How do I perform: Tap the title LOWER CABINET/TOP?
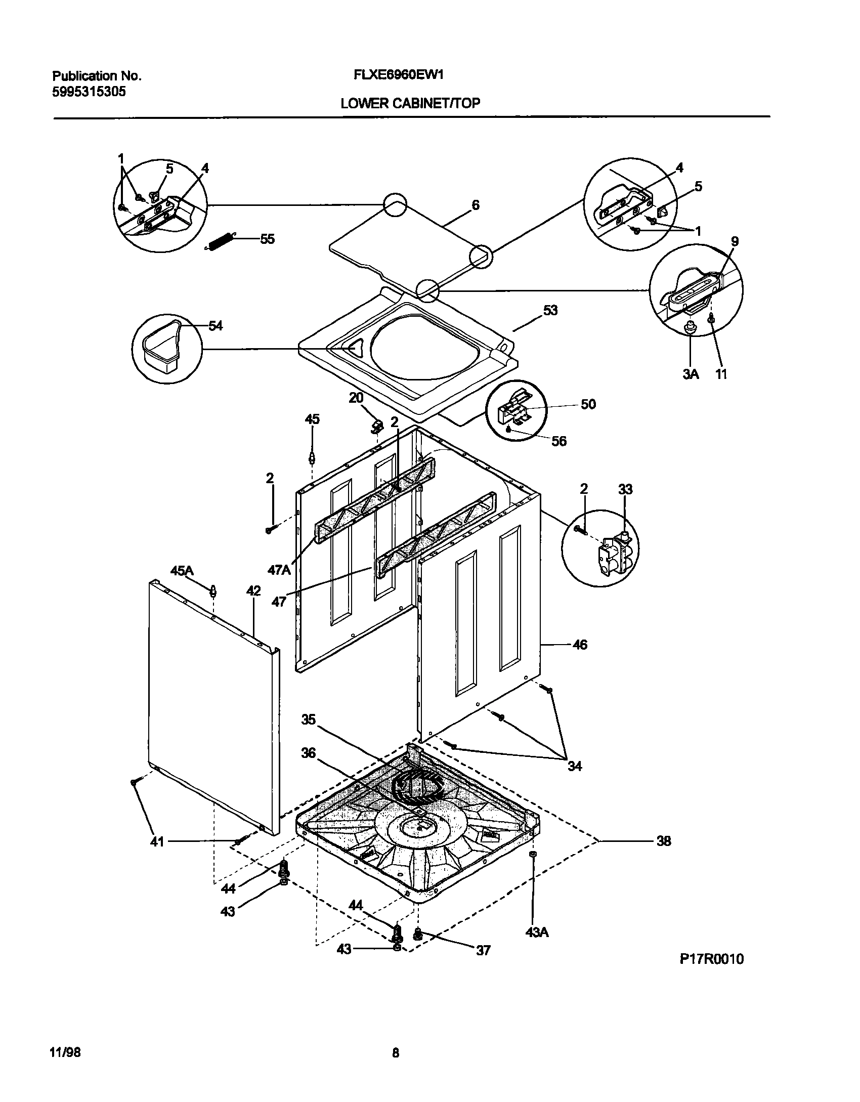[x=410, y=104]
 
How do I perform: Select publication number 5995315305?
[x=89, y=92]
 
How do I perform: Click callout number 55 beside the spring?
[x=267, y=239]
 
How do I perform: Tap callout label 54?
[x=216, y=326]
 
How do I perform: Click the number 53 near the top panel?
[x=550, y=310]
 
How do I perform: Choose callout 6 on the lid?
[x=475, y=205]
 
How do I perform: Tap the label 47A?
[x=279, y=570]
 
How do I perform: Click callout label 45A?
[x=182, y=571]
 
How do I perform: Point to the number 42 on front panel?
[x=253, y=590]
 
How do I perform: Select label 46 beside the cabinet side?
[x=580, y=645]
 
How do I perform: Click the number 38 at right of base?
[x=663, y=841]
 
